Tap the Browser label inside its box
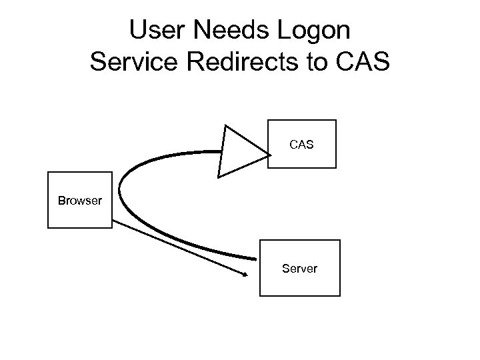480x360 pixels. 80,200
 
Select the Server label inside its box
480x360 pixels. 299,269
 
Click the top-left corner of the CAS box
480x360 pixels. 267,120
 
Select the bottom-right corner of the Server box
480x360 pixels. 339,295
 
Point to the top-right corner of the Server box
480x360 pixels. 339,240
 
